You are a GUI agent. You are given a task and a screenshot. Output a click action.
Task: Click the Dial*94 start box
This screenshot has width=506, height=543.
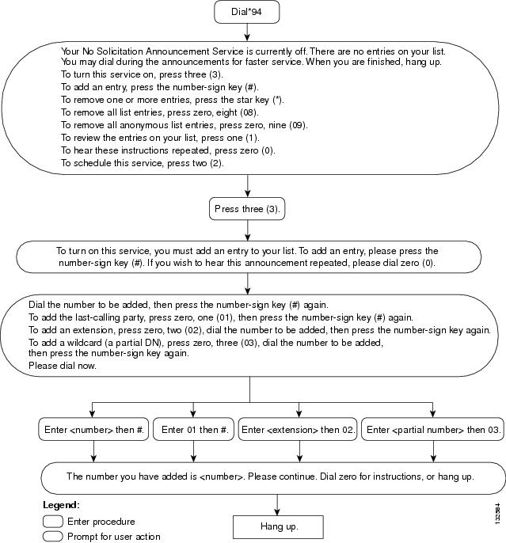[x=246, y=12]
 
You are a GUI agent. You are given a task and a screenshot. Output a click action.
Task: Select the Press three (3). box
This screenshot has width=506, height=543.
[x=247, y=209]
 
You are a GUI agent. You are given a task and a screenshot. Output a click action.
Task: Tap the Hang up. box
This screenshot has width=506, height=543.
[x=278, y=526]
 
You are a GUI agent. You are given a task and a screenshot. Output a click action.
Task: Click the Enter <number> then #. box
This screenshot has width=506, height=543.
[x=93, y=429]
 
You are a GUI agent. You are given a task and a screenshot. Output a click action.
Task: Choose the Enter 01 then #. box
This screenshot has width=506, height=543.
[x=193, y=429]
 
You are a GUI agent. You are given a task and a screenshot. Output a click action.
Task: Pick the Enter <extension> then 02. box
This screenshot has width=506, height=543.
[x=298, y=429]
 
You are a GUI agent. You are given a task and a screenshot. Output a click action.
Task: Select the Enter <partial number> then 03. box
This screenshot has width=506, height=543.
[x=433, y=429]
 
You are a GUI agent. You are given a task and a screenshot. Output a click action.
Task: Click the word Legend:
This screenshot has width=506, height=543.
[x=61, y=505]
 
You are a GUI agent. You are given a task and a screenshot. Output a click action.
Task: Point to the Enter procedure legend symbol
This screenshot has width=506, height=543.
[x=53, y=521]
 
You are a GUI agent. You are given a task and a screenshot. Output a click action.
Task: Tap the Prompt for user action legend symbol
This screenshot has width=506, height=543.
[x=53, y=537]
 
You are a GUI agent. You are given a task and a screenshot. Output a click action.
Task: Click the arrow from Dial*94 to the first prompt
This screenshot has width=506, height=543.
[x=247, y=32]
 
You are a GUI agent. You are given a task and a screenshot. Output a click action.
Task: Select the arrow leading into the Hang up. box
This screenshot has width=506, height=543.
[x=277, y=505]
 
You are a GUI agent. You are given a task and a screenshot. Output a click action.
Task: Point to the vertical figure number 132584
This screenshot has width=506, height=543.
[x=498, y=514]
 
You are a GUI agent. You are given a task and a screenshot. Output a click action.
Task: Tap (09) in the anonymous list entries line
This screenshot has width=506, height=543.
[x=299, y=125]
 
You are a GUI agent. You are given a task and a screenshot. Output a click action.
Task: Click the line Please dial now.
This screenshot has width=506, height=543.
[x=63, y=366]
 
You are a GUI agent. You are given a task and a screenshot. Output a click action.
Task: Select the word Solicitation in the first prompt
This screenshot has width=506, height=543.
[x=120, y=51]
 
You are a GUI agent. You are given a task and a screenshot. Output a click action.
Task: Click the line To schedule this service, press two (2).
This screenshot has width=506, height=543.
[x=143, y=163]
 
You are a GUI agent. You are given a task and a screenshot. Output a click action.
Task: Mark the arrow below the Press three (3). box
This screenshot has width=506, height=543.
[x=247, y=230]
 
